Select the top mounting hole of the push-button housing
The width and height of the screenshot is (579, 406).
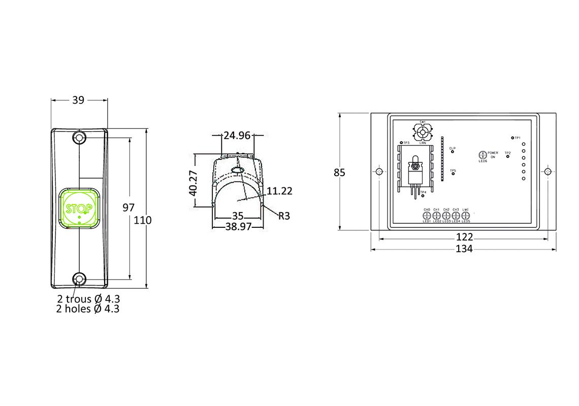pos(79,138)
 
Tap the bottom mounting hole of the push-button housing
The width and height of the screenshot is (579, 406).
pos(79,279)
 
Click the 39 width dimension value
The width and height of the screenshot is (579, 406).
pos(78,100)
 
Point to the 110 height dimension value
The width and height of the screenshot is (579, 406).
pos(143,220)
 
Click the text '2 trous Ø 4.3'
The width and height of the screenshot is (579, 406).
pos(88,298)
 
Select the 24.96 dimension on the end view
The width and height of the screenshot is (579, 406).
pos(237,136)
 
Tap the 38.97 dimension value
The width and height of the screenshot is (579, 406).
pos(238,227)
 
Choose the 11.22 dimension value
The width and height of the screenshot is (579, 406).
pos(279,191)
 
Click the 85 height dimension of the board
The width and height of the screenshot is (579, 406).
pos(339,173)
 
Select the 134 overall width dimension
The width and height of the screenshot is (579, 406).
pos(464,249)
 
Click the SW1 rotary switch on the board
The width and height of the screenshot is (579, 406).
pos(423,133)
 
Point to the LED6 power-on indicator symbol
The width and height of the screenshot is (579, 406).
pos(482,155)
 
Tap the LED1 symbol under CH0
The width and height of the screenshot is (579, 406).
pos(427,215)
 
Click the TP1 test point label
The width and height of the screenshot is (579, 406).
pos(517,138)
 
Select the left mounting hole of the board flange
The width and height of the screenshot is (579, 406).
pos(379,172)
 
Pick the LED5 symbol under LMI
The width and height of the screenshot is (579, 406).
pos(465,215)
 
